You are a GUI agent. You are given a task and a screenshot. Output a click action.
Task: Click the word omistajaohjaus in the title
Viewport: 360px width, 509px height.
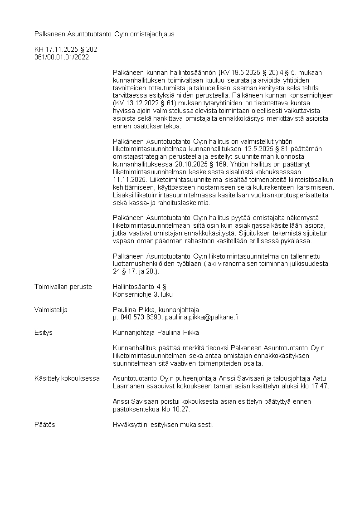[153, 34]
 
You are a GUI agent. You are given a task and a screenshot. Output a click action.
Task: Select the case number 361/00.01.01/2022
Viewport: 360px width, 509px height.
[62, 57]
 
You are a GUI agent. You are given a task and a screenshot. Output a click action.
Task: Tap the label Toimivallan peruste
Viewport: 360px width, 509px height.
[63, 287]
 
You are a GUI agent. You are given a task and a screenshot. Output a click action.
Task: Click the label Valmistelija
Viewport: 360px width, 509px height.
[51, 310]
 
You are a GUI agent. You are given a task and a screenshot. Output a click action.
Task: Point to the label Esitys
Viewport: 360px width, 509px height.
[44, 333]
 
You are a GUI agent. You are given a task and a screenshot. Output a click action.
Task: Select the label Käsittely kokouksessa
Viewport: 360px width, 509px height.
[67, 378]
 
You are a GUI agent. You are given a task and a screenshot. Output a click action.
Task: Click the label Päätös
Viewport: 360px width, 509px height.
[45, 425]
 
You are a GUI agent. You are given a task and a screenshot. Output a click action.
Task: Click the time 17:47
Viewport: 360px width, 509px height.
[321, 386]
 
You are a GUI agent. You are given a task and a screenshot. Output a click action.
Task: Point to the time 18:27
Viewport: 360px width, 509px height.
[182, 409]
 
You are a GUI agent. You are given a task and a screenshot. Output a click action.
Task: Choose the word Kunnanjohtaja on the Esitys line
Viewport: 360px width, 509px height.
[134, 333]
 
